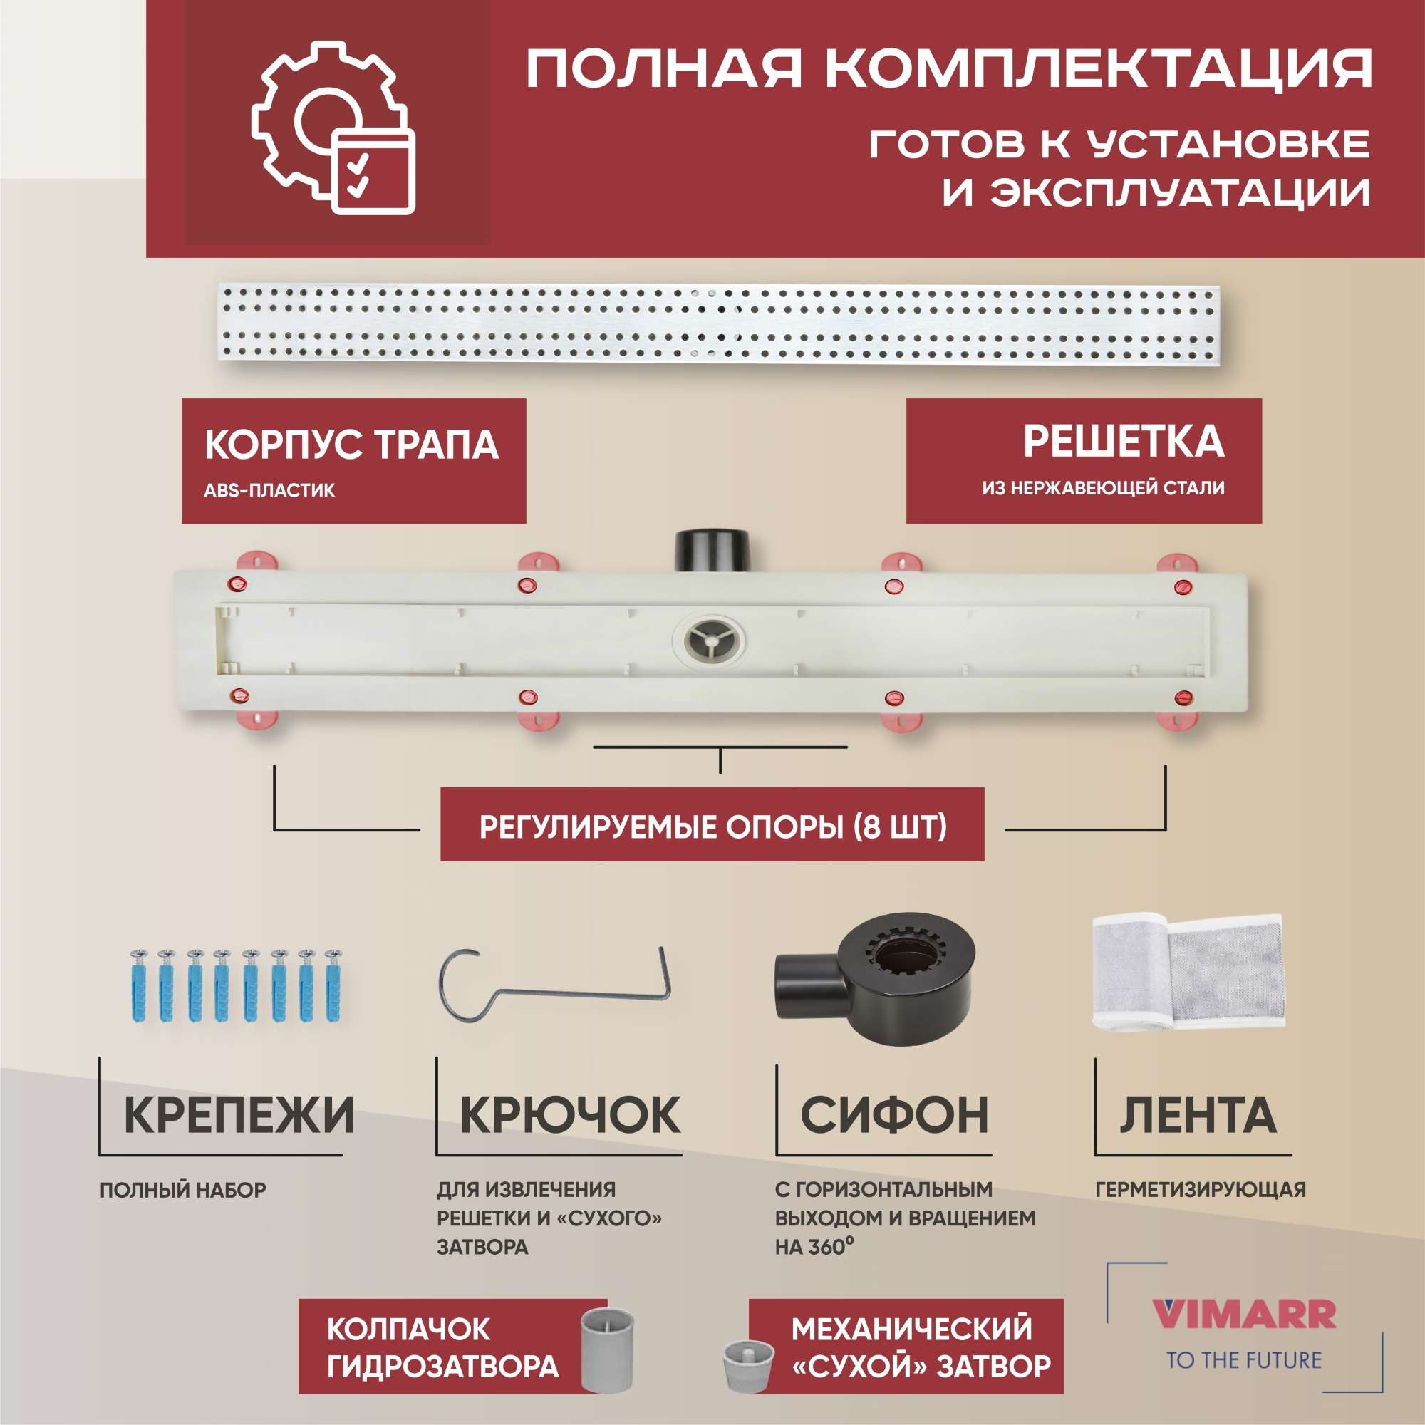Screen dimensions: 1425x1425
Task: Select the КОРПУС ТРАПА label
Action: click(351, 445)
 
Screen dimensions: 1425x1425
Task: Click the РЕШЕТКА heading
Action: click(1124, 442)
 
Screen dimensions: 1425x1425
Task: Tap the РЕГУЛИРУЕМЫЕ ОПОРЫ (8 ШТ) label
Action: click(712, 827)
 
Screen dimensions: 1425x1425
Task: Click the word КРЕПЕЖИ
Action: click(239, 1115)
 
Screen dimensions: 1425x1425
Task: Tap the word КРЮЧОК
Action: click(570, 1115)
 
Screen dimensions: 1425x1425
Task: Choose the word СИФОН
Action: click(894, 1115)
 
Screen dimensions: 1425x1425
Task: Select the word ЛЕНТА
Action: click(1198, 1115)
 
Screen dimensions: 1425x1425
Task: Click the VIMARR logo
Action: click(1243, 1315)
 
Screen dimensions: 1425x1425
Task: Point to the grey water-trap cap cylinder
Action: click(607, 1349)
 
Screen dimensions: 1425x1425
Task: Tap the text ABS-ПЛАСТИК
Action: click(269, 490)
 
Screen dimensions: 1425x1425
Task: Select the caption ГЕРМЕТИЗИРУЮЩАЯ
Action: click(1200, 1190)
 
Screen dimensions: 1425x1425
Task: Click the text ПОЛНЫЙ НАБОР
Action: click(183, 1190)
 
